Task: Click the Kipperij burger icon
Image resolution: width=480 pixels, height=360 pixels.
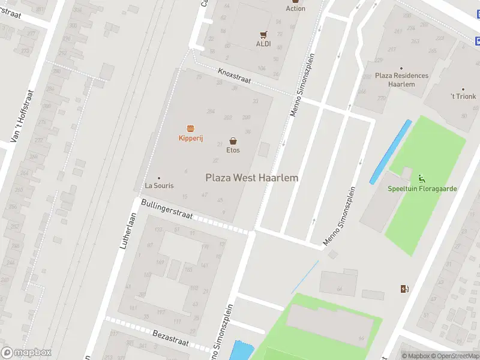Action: [x=191, y=128]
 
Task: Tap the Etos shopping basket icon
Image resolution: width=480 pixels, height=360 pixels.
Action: [x=233, y=140]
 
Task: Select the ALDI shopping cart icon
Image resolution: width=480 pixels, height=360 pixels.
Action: [x=263, y=34]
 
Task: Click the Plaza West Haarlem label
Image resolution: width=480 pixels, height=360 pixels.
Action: [x=252, y=178]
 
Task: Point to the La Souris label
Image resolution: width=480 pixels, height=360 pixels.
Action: [x=159, y=185]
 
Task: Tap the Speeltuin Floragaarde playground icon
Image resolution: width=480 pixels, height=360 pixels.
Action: [x=422, y=178]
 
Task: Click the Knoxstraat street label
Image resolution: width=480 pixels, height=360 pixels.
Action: [x=235, y=76]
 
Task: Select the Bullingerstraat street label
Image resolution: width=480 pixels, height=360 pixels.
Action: [x=167, y=210]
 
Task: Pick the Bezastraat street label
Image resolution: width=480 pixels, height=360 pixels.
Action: [x=170, y=338]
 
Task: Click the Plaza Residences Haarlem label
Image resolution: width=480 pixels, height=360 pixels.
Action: [x=401, y=80]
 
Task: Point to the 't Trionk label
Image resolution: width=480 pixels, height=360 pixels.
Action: [x=463, y=96]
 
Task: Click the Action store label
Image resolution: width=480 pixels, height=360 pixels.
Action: [x=295, y=8]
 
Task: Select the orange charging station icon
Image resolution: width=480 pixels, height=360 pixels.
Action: [x=404, y=289]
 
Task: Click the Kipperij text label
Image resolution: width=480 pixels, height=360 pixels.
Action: [x=191, y=139]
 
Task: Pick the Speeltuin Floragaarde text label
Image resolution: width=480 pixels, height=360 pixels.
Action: [x=422, y=188]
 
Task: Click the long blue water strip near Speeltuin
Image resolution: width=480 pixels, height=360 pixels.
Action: [x=391, y=151]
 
